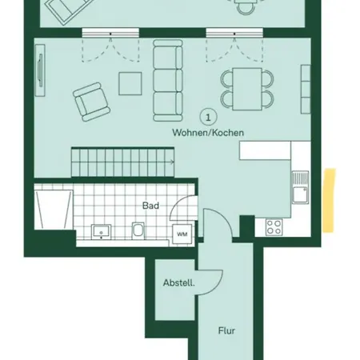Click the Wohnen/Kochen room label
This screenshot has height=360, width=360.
click(x=208, y=133)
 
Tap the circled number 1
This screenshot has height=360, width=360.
click(x=208, y=117)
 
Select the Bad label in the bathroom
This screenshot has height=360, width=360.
click(x=150, y=206)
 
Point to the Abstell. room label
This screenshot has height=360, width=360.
click(x=179, y=282)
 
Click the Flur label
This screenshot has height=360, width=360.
click(x=226, y=330)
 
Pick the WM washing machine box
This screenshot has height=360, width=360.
click(x=182, y=234)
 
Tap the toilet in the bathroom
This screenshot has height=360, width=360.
click(x=138, y=230)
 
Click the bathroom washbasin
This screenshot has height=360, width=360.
click(x=101, y=232)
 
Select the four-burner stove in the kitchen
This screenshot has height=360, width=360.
click(x=274, y=227)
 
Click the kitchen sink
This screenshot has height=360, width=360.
click(x=300, y=187)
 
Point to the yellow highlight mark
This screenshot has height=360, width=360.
click(x=329, y=200)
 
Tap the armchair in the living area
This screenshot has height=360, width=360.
click(x=91, y=102)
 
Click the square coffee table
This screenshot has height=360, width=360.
click(x=130, y=83)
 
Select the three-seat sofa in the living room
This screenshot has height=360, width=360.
click(x=168, y=81)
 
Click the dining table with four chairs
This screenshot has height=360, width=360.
click(x=247, y=89)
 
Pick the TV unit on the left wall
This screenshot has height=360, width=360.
click(x=40, y=70)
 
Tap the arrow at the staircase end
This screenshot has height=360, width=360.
click(x=171, y=162)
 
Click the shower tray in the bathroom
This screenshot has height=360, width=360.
click(x=54, y=210)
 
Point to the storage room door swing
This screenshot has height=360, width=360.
click(x=210, y=282)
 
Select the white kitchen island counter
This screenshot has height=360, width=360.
click(x=265, y=150)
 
